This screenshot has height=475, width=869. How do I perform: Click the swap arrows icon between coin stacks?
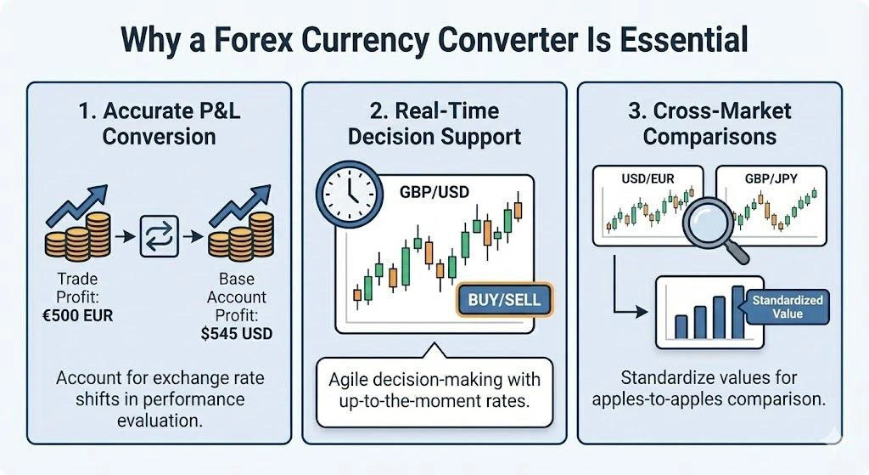160,235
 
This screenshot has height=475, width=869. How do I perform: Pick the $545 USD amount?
237,333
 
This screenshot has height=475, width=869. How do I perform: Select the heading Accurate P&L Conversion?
159,123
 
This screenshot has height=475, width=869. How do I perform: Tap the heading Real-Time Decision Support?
434,123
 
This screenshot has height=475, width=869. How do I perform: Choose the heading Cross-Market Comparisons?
709,123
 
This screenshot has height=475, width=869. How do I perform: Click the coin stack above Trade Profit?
75,238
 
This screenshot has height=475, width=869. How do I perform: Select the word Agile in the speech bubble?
350,377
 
